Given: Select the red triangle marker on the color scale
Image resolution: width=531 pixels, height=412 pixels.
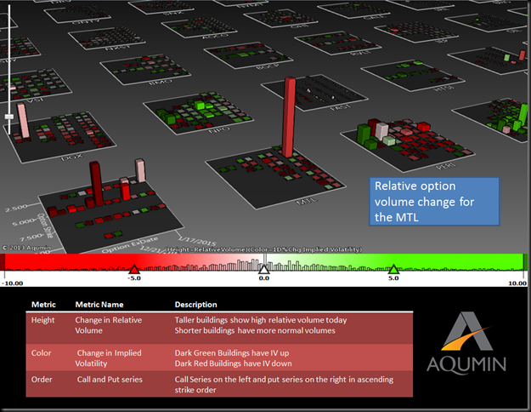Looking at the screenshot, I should coord(133,269).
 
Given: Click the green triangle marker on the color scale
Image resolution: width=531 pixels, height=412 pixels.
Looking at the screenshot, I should coord(393,269).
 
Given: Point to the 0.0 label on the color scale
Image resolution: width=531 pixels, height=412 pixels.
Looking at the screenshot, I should coord(263,278).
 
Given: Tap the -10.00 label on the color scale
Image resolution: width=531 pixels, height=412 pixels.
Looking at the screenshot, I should coord(14,283).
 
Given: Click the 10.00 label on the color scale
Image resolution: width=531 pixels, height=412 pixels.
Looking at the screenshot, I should coord(517,283).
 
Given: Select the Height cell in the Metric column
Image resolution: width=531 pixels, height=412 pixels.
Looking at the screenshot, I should coord(42,320).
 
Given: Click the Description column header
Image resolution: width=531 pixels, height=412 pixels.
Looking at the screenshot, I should coord(195,304).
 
